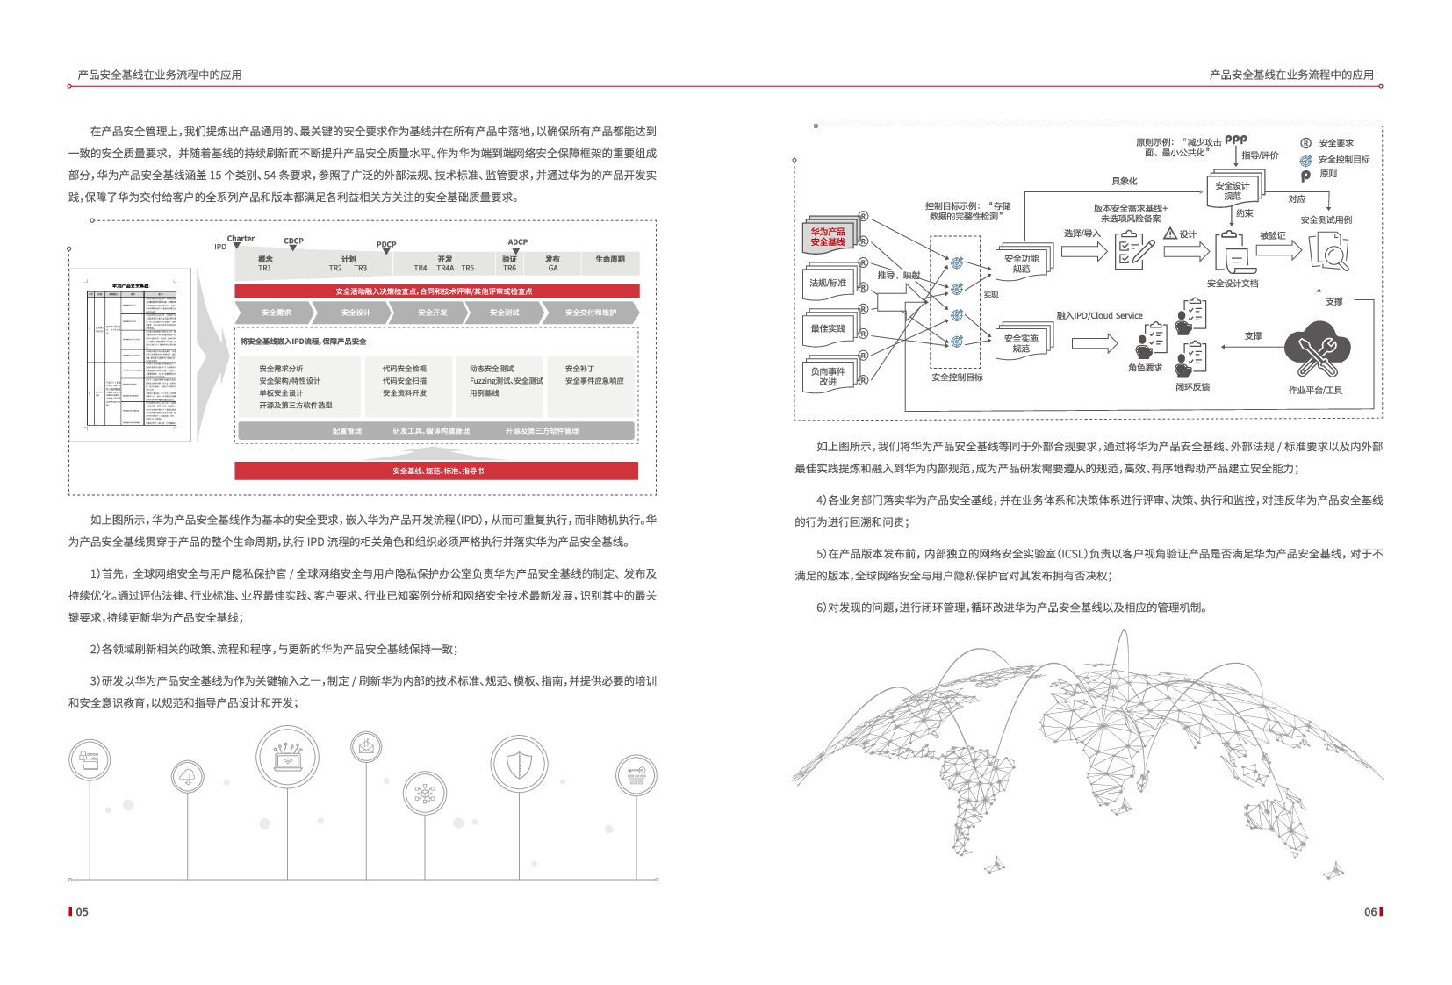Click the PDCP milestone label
[386, 244]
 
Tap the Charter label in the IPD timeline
[241, 238]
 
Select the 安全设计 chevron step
[355, 313]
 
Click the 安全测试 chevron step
[504, 313]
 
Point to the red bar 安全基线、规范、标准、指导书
[437, 471]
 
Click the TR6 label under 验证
[509, 268]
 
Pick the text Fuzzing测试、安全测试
[506, 381]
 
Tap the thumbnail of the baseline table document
[132, 353]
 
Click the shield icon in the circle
[519, 763]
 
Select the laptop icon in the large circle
[287, 757]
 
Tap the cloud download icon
[188, 778]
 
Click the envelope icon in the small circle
[365, 748]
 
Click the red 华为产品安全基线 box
[828, 237]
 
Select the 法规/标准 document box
[828, 283]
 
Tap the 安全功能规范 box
[1021, 263]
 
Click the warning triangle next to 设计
[1170, 234]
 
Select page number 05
[82, 911]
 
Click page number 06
[1370, 911]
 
